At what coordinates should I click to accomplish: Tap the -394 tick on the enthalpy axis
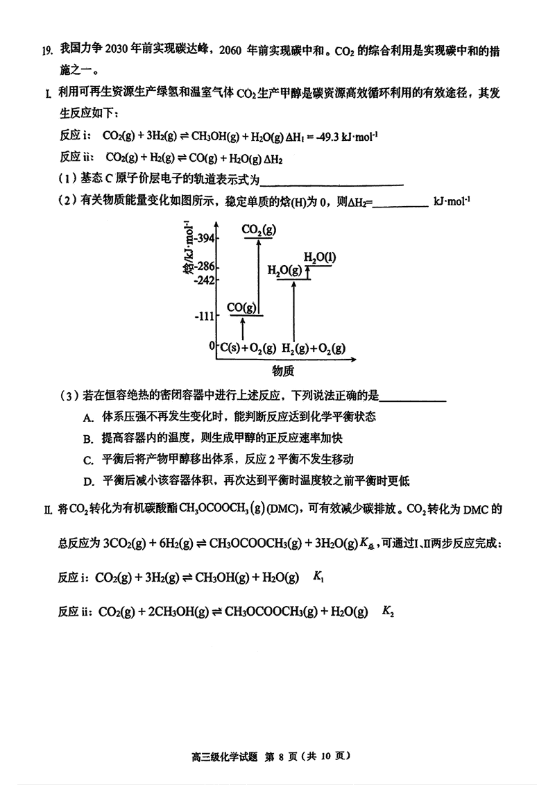tap(205, 239)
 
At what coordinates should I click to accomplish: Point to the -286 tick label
tap(205, 267)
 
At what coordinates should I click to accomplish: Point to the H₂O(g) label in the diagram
tap(284, 270)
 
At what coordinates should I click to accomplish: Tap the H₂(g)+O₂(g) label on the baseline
tap(314, 347)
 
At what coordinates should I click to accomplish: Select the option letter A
tap(87, 417)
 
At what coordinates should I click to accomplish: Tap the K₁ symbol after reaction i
tap(320, 576)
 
